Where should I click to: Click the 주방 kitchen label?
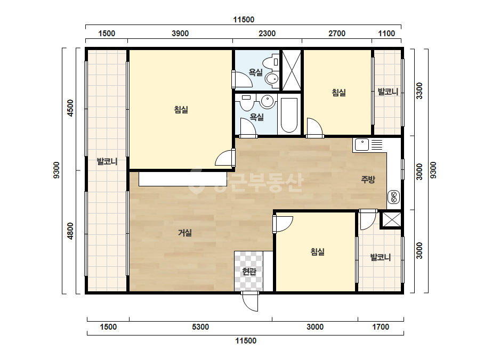click(368, 179)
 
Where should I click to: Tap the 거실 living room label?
click(185, 233)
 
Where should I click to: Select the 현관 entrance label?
click(249, 271)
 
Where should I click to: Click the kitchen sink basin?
click(362, 145)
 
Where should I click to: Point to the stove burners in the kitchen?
click(393, 197)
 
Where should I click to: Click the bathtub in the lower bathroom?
click(289, 116)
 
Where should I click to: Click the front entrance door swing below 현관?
click(251, 301)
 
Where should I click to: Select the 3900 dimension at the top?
click(180, 33)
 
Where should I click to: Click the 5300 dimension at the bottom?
click(200, 327)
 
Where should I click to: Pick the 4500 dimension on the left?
click(70, 108)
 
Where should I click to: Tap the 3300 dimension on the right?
click(419, 91)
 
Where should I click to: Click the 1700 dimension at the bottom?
click(381, 327)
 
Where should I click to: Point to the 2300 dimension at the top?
click(267, 33)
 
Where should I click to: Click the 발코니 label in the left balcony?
click(107, 161)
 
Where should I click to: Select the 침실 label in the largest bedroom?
click(181, 110)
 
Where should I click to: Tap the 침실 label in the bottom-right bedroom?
click(317, 251)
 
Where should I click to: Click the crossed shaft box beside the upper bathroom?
click(292, 70)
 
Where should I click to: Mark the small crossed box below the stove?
click(391, 219)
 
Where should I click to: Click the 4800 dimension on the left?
click(70, 231)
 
